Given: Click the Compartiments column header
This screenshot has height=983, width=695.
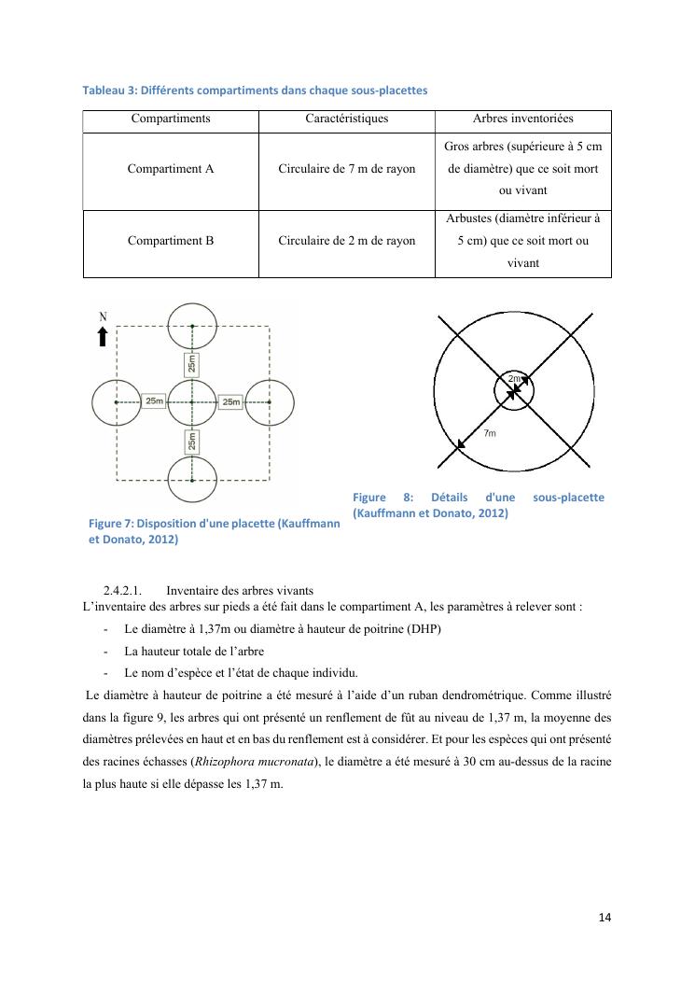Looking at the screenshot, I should [171, 119].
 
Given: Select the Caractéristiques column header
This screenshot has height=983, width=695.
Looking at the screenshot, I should [346, 119].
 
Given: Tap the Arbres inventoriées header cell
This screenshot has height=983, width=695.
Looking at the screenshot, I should [522, 119].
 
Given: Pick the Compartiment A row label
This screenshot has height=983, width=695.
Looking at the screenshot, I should [171, 169].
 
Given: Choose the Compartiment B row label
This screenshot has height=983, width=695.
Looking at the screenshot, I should [171, 240].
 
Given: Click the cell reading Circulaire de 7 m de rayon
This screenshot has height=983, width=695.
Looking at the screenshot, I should [346, 169].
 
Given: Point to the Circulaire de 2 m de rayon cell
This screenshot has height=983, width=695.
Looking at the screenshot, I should [346, 240].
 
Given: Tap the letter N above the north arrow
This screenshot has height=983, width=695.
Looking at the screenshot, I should [103, 317].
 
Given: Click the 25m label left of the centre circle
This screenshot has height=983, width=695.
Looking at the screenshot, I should [154, 401].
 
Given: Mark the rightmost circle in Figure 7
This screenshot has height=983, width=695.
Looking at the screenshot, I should [270, 401].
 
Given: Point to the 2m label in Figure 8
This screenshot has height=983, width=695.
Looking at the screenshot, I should [515, 378].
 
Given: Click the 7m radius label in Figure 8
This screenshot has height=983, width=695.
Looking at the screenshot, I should [490, 433].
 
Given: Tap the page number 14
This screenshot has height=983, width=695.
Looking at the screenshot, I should [605, 917].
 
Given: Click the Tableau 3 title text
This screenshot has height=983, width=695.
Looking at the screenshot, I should [255, 91].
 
